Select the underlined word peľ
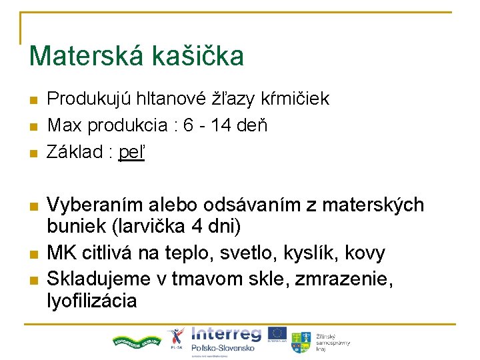tap(131, 153)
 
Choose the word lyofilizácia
tap(92, 301)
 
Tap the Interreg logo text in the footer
tap(226, 334)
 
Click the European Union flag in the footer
tap(278, 334)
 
